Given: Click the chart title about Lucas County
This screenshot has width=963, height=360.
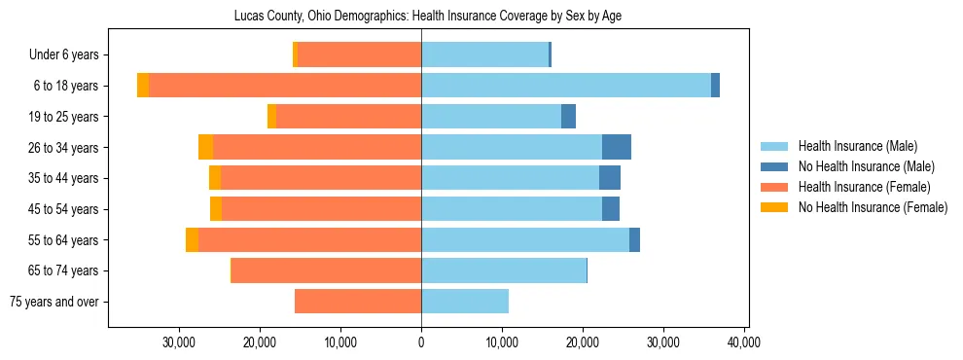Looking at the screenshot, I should click(427, 16).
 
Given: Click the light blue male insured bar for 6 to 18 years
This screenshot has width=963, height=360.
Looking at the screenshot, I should click(565, 86).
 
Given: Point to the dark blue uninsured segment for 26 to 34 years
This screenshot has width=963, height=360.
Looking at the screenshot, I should click(617, 147).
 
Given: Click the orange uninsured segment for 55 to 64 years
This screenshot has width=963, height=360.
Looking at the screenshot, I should click(192, 240).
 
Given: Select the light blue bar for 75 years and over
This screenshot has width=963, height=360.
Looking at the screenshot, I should click(464, 302).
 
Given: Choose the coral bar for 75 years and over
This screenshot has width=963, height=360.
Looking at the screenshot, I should click(358, 302).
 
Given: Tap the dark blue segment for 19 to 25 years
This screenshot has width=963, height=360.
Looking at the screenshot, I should click(569, 117).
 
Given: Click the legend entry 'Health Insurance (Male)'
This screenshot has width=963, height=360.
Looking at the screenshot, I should click(857, 146).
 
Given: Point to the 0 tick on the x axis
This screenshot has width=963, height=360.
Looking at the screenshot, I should click(421, 342).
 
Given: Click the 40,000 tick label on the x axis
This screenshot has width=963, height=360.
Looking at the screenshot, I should click(743, 342).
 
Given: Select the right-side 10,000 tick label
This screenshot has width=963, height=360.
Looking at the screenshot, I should click(502, 342).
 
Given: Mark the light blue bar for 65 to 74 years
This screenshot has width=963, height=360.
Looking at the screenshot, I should click(504, 270).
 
